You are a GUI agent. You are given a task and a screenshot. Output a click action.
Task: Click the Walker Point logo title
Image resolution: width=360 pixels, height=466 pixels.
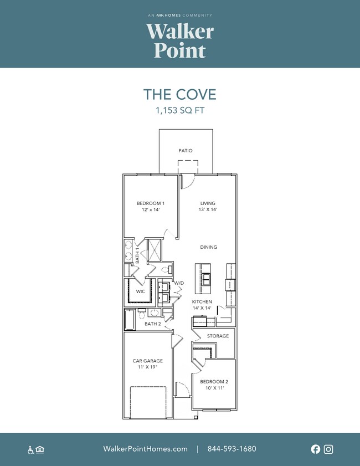(x=180, y=40)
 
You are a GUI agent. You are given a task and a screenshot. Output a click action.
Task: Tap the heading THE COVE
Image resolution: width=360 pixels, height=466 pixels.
(x=179, y=95)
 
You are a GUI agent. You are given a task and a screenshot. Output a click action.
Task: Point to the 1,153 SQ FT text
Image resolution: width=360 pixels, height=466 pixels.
(x=180, y=111)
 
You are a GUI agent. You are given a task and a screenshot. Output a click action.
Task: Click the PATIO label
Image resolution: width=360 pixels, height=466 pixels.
(x=186, y=151)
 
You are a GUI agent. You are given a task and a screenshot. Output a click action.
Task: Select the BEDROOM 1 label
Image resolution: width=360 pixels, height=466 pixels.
(x=151, y=203)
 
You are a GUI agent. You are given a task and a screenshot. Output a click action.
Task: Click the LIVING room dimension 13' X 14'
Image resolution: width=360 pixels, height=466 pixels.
(x=208, y=209)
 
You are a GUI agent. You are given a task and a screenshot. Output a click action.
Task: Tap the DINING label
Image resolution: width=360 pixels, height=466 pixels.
(x=208, y=247)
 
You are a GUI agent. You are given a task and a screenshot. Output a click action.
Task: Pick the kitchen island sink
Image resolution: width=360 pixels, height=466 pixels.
(x=206, y=279)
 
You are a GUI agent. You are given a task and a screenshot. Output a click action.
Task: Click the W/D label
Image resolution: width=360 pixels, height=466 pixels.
(x=179, y=283)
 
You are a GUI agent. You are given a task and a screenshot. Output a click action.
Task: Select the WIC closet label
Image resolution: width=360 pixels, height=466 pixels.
(x=141, y=291)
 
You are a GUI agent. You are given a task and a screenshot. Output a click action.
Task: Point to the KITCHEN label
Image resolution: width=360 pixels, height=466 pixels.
(x=202, y=301)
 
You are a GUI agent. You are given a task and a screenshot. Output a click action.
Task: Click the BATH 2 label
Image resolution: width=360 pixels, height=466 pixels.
(x=153, y=324)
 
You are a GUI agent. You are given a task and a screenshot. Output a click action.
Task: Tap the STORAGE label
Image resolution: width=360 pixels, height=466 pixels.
(x=218, y=336)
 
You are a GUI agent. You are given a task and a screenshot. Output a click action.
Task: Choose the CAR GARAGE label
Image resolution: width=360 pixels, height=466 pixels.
(x=148, y=361)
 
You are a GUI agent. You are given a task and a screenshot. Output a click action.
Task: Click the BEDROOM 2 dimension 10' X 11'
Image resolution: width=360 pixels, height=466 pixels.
(x=215, y=388)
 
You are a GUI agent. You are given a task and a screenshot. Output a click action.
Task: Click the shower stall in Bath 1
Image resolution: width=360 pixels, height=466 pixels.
(x=155, y=250)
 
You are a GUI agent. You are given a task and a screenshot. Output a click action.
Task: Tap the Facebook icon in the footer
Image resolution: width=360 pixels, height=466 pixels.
(x=316, y=449)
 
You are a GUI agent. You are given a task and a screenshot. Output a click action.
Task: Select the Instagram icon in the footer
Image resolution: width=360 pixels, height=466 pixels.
(x=328, y=449)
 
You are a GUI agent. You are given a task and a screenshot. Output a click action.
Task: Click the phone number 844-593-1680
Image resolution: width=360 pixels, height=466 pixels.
(x=232, y=449)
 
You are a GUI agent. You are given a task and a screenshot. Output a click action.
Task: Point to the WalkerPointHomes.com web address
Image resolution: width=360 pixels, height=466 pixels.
(x=145, y=449)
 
